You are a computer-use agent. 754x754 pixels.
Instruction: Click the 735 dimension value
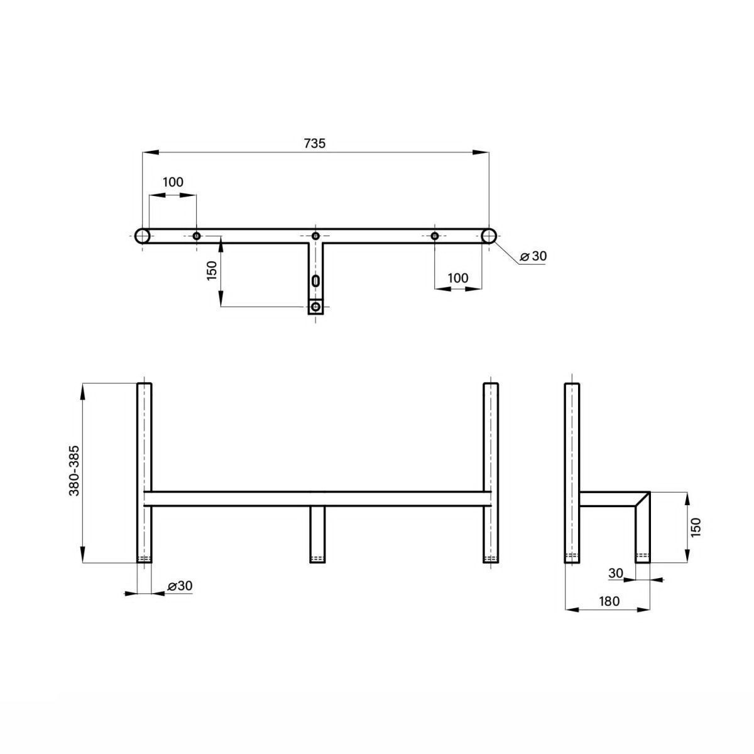[x=314, y=144]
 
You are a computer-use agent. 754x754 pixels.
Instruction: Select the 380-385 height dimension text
[x=74, y=471]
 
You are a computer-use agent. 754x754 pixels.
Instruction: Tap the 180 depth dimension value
[x=609, y=601]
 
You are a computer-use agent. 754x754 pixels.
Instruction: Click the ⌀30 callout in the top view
[x=533, y=256]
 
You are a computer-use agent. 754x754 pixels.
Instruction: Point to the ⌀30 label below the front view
[x=180, y=586]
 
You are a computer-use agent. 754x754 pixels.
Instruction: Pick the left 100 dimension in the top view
[x=173, y=182]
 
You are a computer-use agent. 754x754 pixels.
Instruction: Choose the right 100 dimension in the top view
[x=457, y=278]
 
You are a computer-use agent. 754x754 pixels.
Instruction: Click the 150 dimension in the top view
[x=211, y=270]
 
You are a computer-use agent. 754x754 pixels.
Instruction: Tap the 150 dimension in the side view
[x=696, y=527]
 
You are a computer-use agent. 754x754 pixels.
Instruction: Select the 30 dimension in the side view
[x=616, y=573]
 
